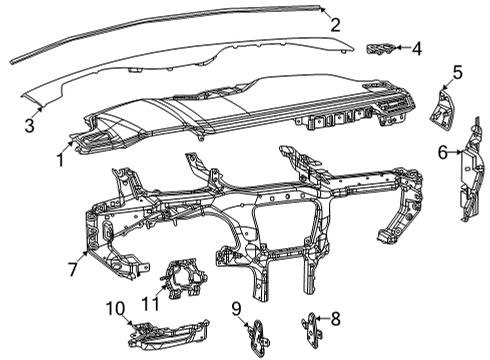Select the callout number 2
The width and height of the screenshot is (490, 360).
point(335,26)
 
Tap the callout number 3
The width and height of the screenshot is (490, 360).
point(30,126)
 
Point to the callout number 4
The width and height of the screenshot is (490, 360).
point(416,47)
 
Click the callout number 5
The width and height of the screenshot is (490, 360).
point(457,72)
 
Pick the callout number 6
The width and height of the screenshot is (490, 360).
point(442,153)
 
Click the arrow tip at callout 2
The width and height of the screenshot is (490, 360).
point(321,7)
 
